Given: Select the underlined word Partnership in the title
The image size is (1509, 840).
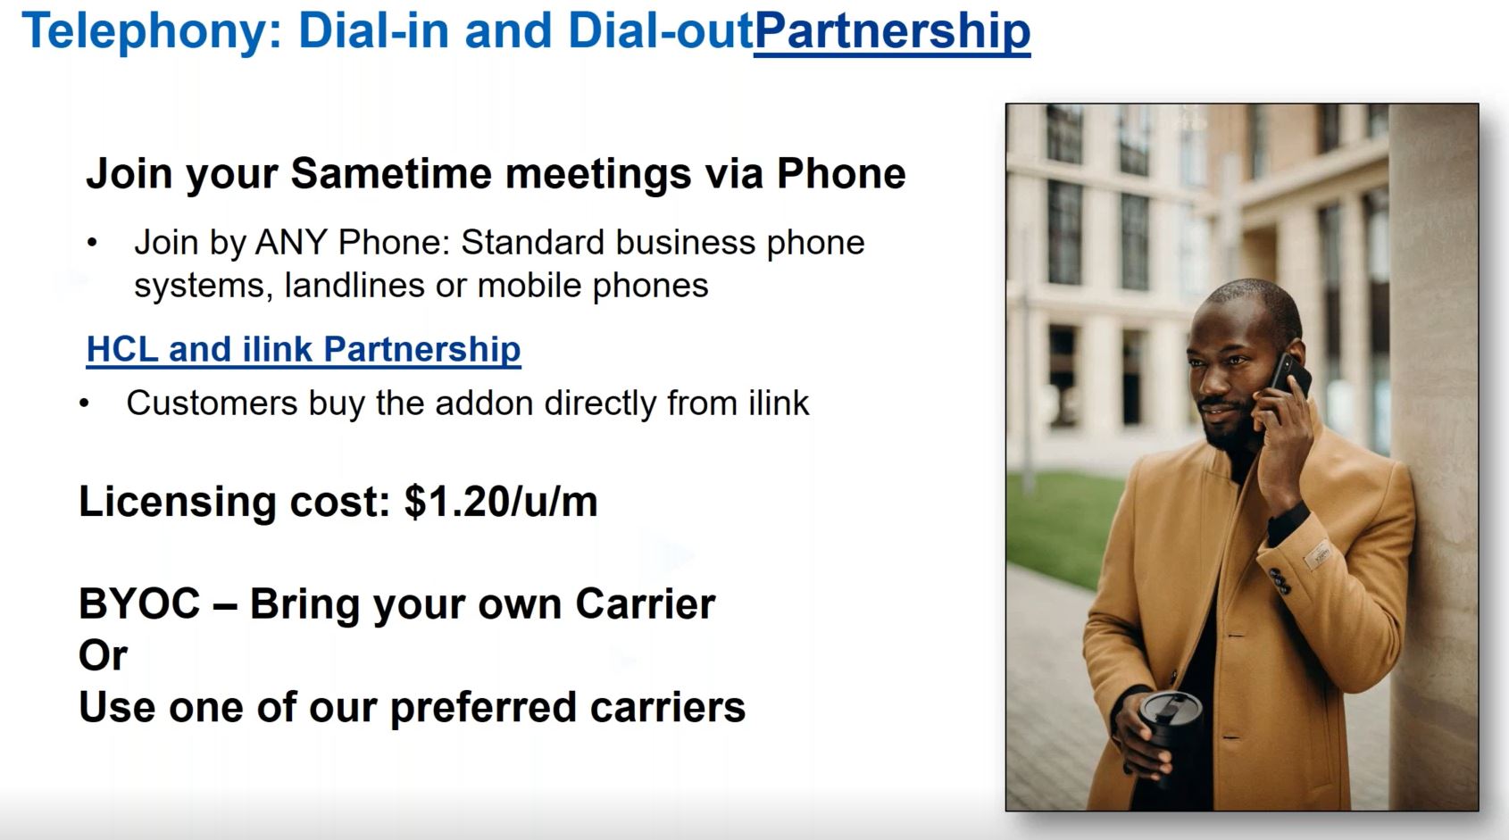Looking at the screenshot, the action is point(892,31).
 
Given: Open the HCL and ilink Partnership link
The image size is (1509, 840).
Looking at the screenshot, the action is point(304,349).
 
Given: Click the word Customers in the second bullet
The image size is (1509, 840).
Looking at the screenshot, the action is point(212,403).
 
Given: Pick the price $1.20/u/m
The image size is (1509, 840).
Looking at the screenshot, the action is point(501,501).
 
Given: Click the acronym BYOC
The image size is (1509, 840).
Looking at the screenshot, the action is point(139,603).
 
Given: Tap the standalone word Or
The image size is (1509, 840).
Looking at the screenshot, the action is point(103,654).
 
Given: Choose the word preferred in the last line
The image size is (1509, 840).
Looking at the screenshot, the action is point(482,707).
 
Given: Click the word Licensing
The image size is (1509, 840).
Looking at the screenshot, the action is point(178,503).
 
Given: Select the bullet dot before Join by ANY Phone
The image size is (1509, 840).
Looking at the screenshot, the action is point(92,243).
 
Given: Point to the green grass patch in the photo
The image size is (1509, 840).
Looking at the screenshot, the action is point(1058,526).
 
